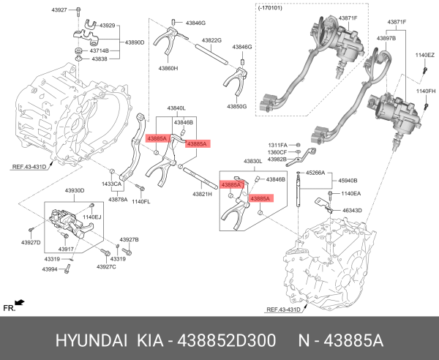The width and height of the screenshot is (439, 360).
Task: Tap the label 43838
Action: [100, 59]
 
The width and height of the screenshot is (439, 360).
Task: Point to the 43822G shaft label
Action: [211, 40]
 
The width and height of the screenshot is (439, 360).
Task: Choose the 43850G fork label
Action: [236, 106]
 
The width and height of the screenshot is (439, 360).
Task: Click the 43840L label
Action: [177, 108]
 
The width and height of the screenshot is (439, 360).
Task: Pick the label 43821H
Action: [202, 195]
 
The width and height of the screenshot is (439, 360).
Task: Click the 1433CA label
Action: [111, 184]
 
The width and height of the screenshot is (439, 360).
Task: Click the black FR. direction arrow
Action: [19, 301]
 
